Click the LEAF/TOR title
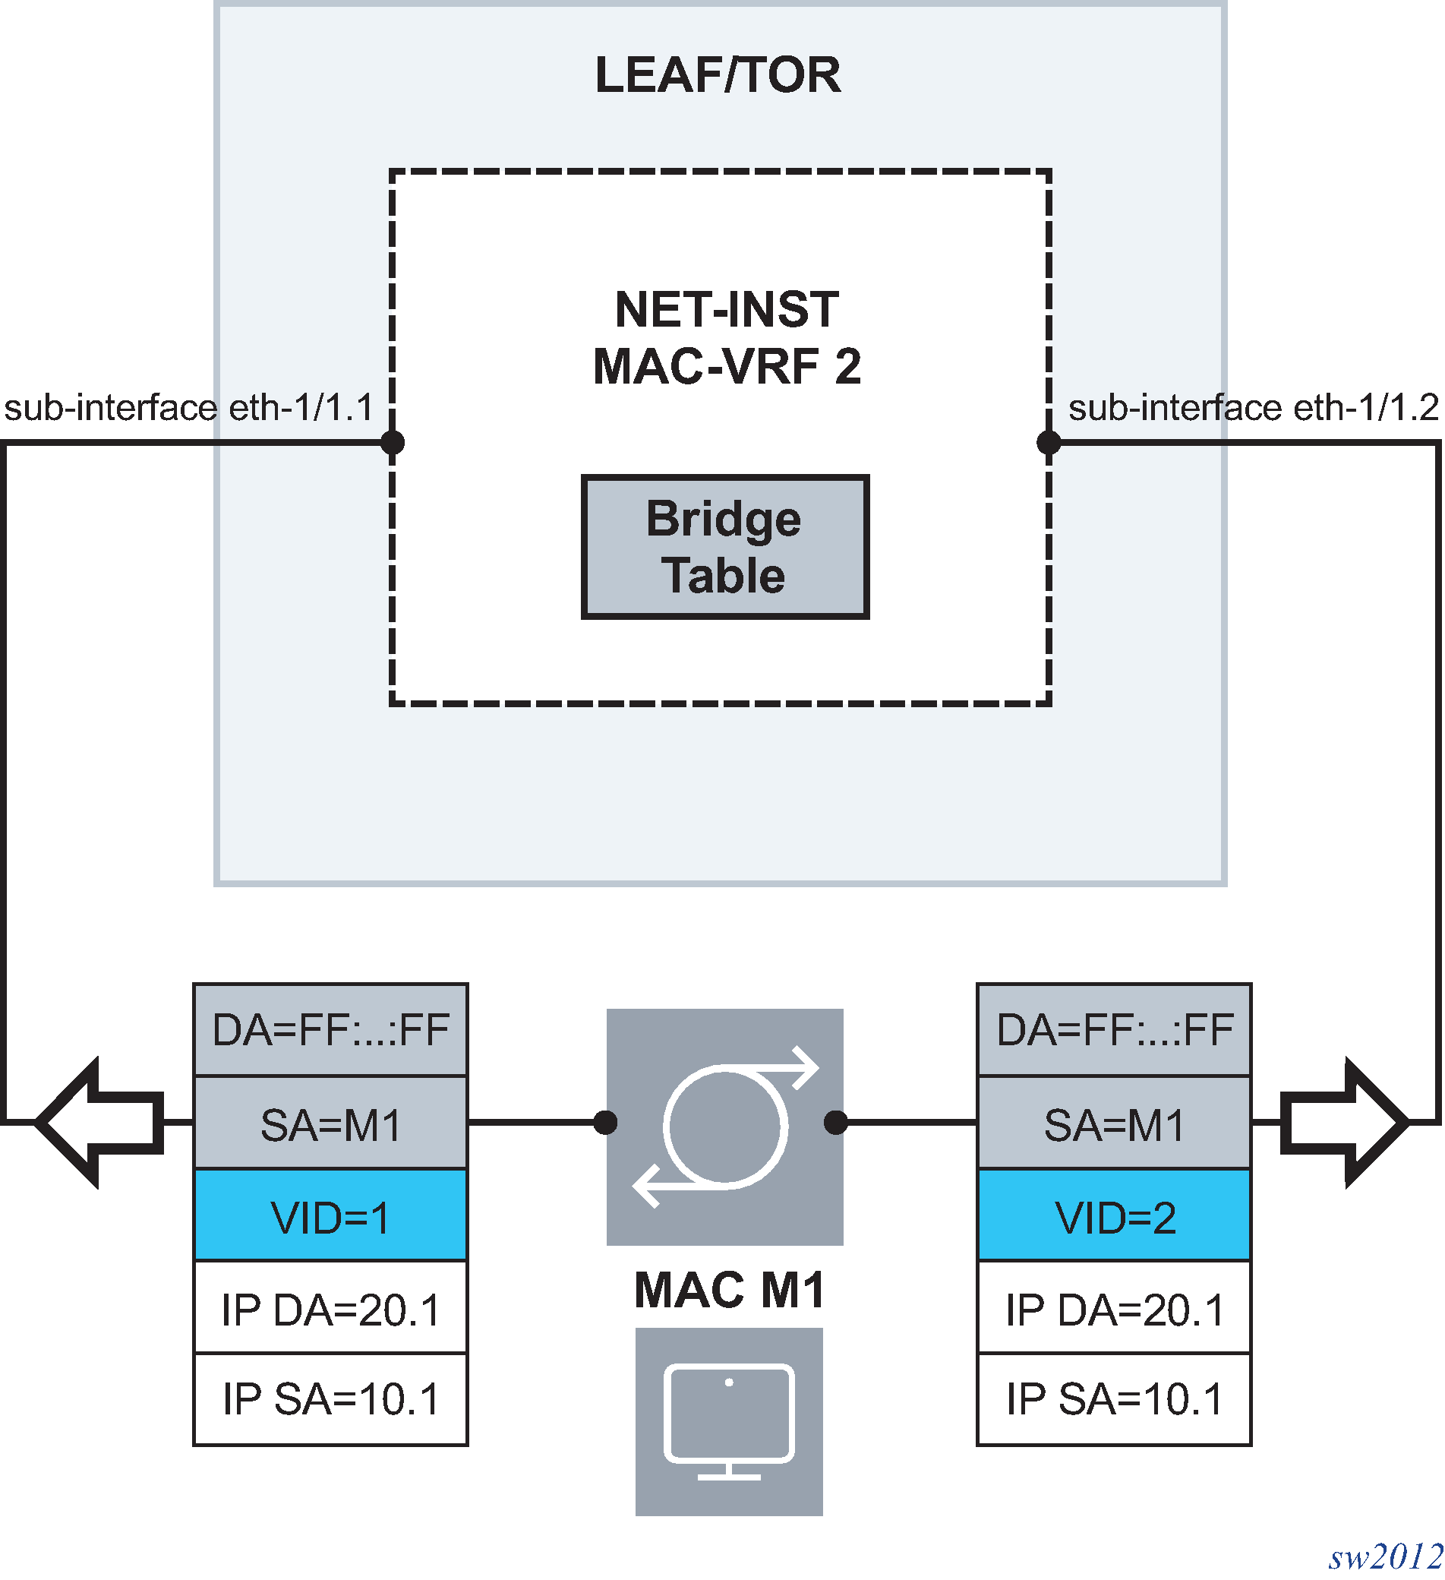click(718, 75)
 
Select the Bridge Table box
click(725, 547)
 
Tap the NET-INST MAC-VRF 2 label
click(727, 338)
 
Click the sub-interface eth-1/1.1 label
click(189, 408)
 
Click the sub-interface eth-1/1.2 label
click(1253, 408)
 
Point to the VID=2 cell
click(1114, 1217)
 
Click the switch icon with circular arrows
click(725, 1127)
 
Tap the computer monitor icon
click(729, 1422)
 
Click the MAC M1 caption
click(729, 1290)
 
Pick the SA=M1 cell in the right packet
click(1114, 1125)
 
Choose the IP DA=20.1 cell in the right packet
click(1114, 1310)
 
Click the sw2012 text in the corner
click(1386, 1556)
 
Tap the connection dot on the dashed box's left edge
click(392, 443)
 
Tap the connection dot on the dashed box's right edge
click(1049, 443)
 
